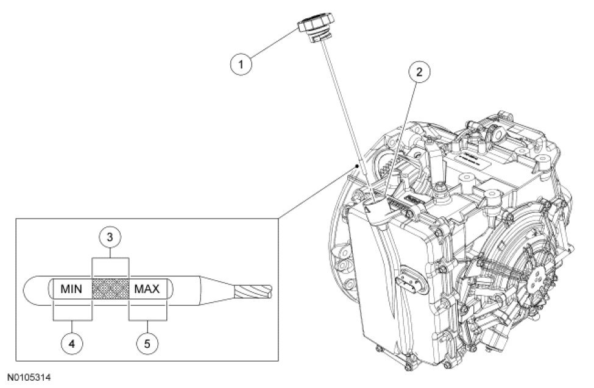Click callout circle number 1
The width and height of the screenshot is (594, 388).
tap(242, 63)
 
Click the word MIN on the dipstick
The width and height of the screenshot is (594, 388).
tap(72, 289)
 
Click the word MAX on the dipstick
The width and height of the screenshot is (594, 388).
tap(147, 289)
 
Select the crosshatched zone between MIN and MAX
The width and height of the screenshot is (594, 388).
tap(110, 289)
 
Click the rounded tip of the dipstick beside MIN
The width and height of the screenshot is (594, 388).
tap(35, 289)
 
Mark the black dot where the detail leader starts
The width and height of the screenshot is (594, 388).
tap(354, 165)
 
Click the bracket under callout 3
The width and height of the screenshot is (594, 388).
tap(110, 266)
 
